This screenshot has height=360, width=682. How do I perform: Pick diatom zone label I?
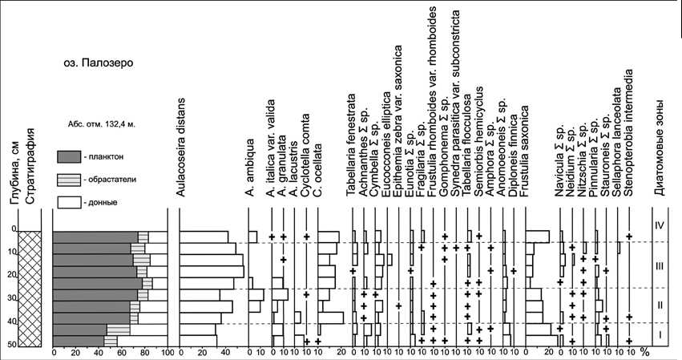657,334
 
